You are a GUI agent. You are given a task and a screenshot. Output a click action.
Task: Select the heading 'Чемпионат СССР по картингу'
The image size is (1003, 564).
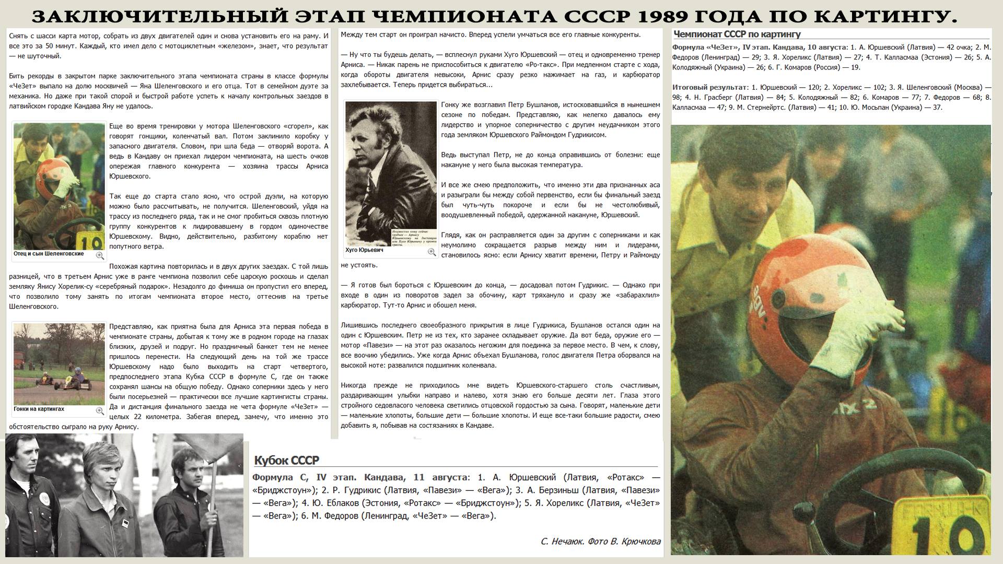tap(737, 34)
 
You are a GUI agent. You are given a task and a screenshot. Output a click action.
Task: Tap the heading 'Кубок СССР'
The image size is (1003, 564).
tap(286, 460)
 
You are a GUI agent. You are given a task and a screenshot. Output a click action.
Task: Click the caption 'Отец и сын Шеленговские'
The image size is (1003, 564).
tap(49, 254)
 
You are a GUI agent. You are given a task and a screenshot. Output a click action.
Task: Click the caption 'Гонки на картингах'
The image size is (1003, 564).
tap(39, 409)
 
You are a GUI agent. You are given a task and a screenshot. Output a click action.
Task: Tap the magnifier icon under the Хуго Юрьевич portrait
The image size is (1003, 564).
tap(431, 252)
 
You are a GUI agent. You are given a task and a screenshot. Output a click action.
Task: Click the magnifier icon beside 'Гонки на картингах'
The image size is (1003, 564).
tap(99, 411)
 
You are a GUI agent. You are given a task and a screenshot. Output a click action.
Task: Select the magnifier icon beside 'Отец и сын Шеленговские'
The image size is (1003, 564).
tap(99, 255)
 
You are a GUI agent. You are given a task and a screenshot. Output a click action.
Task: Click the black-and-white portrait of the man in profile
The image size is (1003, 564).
tap(391, 172)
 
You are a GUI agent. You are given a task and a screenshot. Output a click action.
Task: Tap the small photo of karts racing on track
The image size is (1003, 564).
tap(59, 363)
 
